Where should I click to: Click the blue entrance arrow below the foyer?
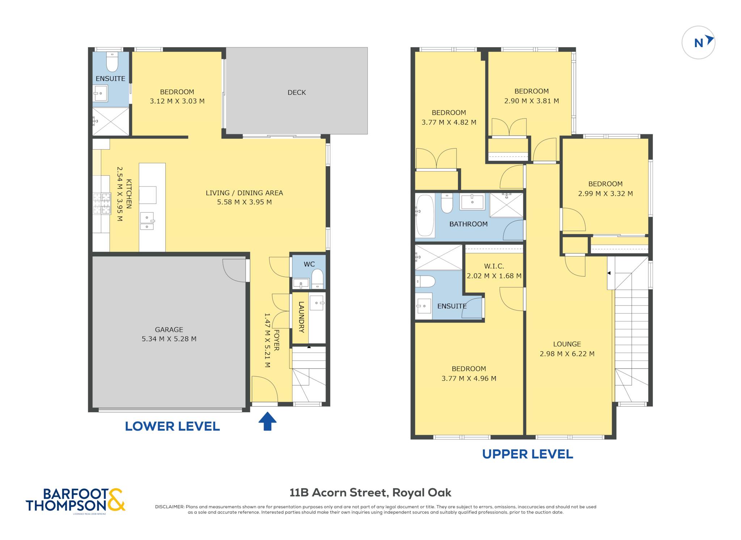pyautogui.click(x=267, y=421)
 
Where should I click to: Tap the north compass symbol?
pyautogui.click(x=698, y=43)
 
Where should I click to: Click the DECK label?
pyautogui.click(x=297, y=93)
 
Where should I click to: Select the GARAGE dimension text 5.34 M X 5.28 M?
pyautogui.click(x=169, y=339)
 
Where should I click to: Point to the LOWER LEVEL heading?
pyautogui.click(x=172, y=426)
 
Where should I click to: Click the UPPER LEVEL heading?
pyautogui.click(x=528, y=454)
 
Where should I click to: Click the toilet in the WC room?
pyautogui.click(x=317, y=278)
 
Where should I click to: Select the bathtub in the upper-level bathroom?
pyautogui.click(x=425, y=216)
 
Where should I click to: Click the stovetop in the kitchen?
pyautogui.click(x=102, y=204)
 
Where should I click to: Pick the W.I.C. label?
pyautogui.click(x=494, y=266)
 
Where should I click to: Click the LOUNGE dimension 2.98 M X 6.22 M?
pyautogui.click(x=567, y=354)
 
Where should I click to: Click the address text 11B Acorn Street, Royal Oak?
pyautogui.click(x=370, y=493)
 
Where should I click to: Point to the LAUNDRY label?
pyautogui.click(x=301, y=317)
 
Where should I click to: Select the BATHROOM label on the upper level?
pyautogui.click(x=469, y=224)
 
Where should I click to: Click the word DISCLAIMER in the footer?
pyautogui.click(x=170, y=507)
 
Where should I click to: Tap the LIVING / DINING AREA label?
pyautogui.click(x=244, y=193)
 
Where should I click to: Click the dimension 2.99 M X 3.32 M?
pyautogui.click(x=605, y=194)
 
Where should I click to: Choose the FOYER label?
pyautogui.click(x=276, y=340)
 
